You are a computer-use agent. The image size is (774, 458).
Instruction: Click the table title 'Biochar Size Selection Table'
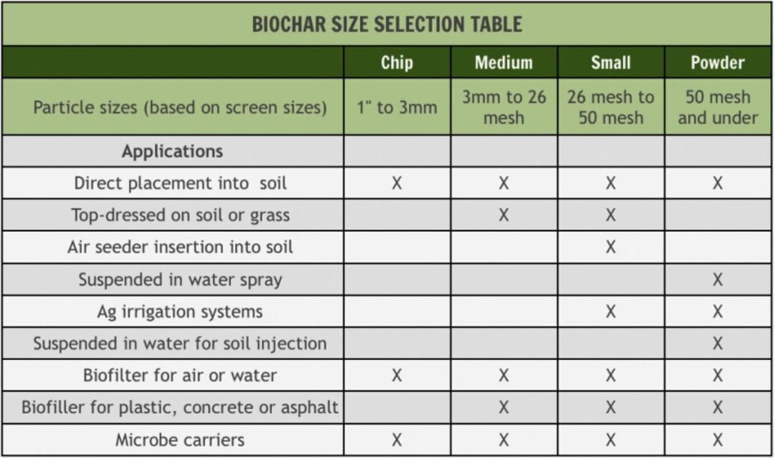point(386,24)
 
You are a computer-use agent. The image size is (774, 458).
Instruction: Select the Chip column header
point(397,62)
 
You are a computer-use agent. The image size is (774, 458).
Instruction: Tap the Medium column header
point(504,62)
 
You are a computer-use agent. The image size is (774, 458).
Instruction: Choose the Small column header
point(611,62)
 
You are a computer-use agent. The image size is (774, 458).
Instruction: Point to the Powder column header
point(717,62)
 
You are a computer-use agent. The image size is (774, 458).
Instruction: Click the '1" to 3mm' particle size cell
point(397,107)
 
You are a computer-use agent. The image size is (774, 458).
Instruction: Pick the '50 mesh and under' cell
point(717,107)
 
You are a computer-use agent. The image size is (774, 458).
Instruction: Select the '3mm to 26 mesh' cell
point(504,107)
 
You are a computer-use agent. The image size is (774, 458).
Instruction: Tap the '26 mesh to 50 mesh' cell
point(611,107)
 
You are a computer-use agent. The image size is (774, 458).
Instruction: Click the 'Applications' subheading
point(172,151)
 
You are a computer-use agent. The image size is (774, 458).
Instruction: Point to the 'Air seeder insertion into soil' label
point(180,247)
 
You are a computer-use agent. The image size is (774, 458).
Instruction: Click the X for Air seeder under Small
point(611,247)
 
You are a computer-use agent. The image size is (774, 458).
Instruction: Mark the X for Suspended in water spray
point(717,280)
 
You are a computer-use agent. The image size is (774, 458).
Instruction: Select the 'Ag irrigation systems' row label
point(180,312)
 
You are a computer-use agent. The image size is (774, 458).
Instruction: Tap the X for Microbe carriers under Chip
point(397,440)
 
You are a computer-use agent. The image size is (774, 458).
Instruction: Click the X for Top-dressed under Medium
point(504,215)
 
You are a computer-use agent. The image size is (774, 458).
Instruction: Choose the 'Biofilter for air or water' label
point(180,376)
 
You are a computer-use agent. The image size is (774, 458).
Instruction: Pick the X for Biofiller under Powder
point(717,408)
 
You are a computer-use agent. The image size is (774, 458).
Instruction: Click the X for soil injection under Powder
point(717,343)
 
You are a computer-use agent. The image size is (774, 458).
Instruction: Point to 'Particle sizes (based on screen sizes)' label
point(180,107)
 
